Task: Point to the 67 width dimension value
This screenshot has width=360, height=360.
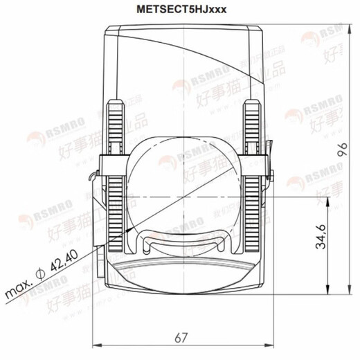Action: point(181,337)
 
